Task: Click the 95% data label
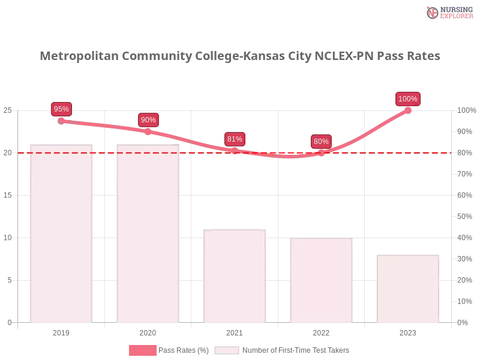coord(61,109)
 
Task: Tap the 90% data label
coord(148,120)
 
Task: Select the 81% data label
coord(235,139)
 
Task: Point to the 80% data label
coord(321,142)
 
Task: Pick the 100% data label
coord(408,99)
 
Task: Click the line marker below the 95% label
coord(61,121)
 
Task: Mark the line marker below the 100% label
coord(408,110)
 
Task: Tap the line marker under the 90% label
coord(148,131)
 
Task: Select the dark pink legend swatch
coord(143,350)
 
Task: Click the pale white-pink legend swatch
coord(227,350)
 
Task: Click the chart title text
coord(240,56)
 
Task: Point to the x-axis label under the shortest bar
coord(408,331)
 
